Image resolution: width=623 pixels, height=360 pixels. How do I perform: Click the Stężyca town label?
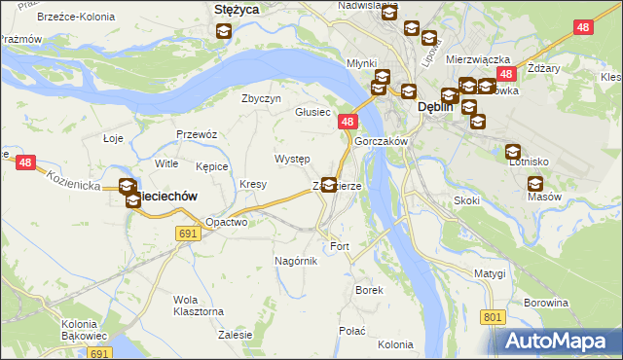coord(234,10)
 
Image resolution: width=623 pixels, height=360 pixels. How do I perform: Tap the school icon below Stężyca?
coord(223,31)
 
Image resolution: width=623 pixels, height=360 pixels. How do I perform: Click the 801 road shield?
coord(493,317)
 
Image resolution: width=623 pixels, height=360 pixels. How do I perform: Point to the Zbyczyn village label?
coord(261,98)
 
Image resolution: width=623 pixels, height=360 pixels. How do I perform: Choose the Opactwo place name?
coord(226,222)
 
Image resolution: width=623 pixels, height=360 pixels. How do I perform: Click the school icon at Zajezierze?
coord(330,184)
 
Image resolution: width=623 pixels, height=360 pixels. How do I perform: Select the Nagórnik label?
coord(296,261)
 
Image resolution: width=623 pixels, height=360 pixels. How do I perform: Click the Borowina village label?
coord(545,303)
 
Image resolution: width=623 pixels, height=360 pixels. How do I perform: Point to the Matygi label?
coord(491,274)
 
